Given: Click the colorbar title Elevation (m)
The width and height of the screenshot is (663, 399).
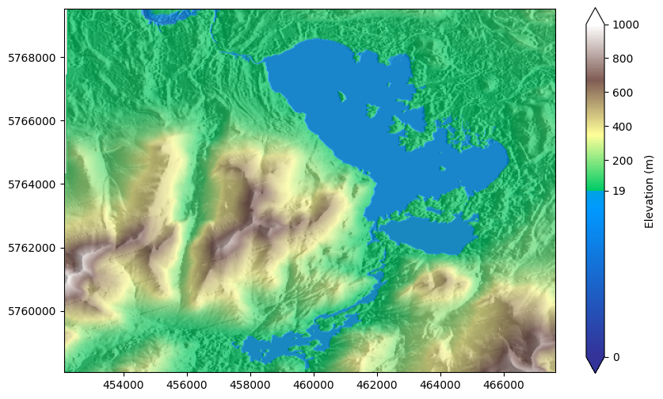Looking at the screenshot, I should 650,191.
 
